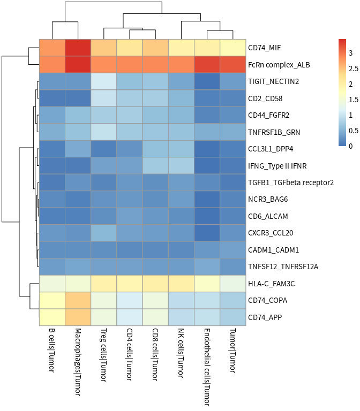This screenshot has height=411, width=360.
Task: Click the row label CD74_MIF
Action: pos(264,48)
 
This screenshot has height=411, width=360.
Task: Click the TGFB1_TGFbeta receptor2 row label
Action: pos(291,182)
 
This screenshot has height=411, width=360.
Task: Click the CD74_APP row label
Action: pos(265,317)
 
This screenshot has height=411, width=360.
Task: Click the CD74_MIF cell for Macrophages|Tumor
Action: pos(78,48)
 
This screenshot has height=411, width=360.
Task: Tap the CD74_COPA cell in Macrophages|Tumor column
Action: pos(78,300)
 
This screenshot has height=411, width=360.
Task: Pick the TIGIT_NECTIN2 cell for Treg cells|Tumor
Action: pos(104,81)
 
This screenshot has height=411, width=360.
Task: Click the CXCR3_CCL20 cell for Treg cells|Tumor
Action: pos(104,233)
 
